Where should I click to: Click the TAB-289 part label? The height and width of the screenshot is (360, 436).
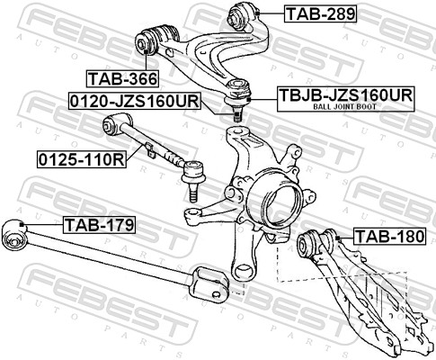tap(321, 13)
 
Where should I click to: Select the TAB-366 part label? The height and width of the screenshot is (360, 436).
tap(122, 79)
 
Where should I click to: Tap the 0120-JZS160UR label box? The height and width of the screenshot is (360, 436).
tap(135, 102)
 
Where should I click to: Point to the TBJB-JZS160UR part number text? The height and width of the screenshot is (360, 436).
tap(346, 95)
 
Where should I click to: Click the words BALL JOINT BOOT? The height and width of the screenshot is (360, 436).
tap(344, 106)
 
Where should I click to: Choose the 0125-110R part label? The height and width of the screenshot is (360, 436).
tap(82, 159)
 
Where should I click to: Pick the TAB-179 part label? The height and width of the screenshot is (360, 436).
tap(100, 225)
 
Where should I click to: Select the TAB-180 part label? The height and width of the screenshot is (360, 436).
tap(390, 237)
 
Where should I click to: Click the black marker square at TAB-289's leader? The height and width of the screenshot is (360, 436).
tap(258, 13)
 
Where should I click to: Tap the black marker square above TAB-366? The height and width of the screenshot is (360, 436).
tap(147, 52)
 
